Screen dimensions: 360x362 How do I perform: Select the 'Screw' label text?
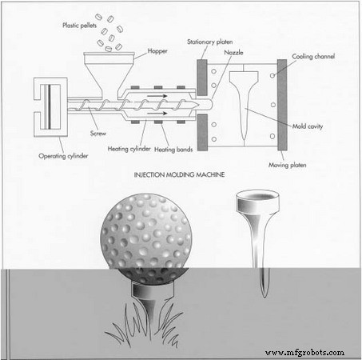point(77,134)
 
